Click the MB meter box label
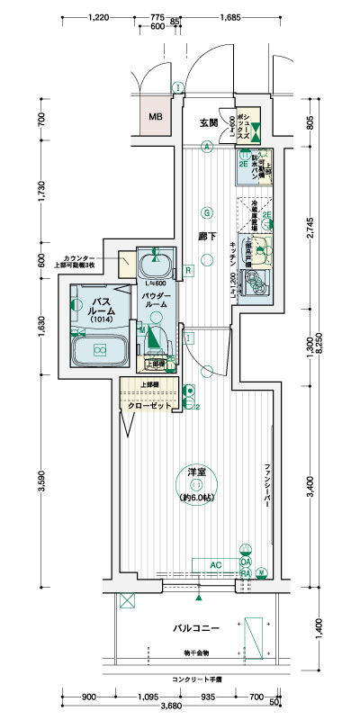pos(156,117)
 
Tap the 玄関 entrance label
pos(208,122)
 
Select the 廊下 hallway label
pos(204,236)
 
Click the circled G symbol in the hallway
pos(206,213)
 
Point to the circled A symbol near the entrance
pos(206,146)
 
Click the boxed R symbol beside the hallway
pos(188,270)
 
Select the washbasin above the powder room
pos(155,265)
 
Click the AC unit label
pos(215,564)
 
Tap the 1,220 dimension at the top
pos(101,17)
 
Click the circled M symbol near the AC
pos(262,571)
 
